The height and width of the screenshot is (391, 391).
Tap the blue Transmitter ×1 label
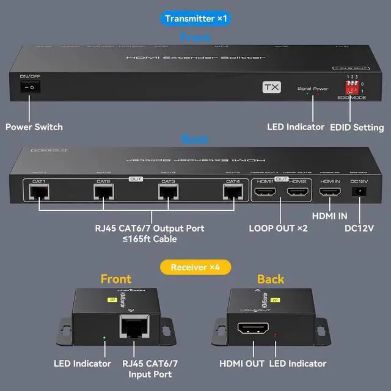point(195,18)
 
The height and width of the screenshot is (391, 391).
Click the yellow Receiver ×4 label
point(195,266)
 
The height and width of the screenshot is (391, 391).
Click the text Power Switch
point(34,127)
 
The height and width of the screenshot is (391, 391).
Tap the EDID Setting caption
point(357,127)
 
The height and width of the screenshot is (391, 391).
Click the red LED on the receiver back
point(277,335)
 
